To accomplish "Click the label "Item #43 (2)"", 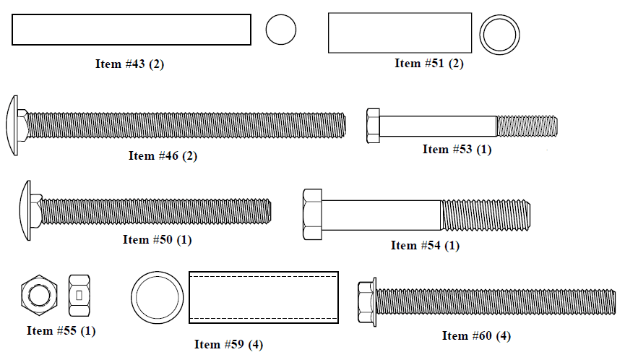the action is click(x=129, y=64).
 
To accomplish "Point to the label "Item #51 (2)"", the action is click(x=429, y=63).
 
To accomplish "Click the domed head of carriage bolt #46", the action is click(x=13, y=125).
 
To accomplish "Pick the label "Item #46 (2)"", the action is click(x=163, y=155).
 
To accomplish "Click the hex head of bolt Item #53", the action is click(x=373, y=126).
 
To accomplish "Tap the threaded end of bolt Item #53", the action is click(x=527, y=126).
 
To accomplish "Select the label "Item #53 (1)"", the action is click(x=457, y=149).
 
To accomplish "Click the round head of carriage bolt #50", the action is click(x=25, y=210).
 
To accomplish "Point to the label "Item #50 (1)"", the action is click(x=157, y=239).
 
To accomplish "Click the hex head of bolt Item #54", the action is click(x=312, y=215).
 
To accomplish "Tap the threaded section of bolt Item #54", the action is click(x=486, y=215).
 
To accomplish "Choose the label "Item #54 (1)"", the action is click(x=425, y=245).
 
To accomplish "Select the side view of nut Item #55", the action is click(x=79, y=296).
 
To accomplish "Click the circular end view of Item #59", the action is click(x=157, y=273).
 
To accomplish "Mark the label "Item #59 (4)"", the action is click(x=228, y=344).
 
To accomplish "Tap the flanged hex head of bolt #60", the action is click(x=367, y=302).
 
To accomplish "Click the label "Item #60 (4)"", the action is click(x=476, y=335).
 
